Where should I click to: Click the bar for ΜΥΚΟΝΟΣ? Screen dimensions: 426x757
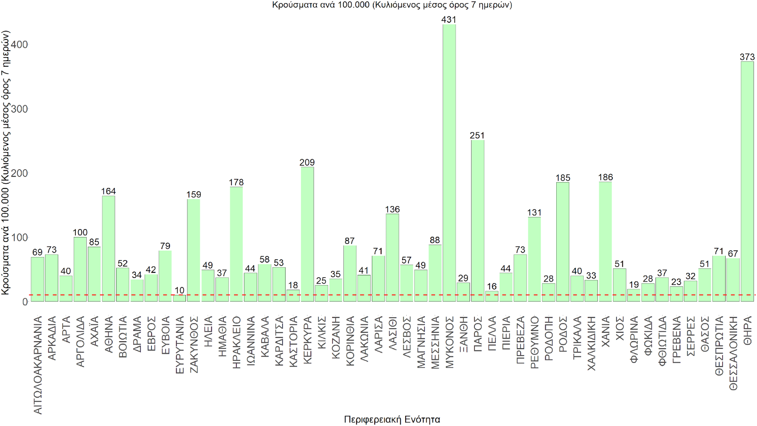click(x=449, y=163)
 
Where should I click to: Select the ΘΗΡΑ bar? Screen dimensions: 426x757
click(x=747, y=182)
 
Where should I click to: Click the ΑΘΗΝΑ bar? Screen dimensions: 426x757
click(x=109, y=248)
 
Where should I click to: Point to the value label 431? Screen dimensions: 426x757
click(x=449, y=19)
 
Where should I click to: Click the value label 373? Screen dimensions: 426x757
click(x=747, y=57)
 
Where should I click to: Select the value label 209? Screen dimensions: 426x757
click(x=307, y=162)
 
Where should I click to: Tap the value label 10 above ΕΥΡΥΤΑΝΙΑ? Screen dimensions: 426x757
click(x=179, y=290)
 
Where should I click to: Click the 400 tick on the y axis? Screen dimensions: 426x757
click(x=19, y=45)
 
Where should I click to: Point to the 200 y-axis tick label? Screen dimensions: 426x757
click(x=19, y=173)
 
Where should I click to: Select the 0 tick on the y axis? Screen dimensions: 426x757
click(x=25, y=302)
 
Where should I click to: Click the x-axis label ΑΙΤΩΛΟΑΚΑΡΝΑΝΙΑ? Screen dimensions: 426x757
click(x=38, y=365)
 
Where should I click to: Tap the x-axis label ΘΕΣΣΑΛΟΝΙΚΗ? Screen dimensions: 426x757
click(x=733, y=353)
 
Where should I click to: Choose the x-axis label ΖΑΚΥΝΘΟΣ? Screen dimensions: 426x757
click(x=194, y=345)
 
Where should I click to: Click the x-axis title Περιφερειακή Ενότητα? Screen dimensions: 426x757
click(x=392, y=419)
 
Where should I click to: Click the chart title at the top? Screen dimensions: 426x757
click(x=392, y=5)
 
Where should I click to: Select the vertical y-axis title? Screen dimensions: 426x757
click(x=5, y=163)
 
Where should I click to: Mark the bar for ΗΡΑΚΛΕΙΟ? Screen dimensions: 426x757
click(x=236, y=244)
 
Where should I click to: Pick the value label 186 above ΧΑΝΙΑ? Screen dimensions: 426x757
click(x=606, y=177)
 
